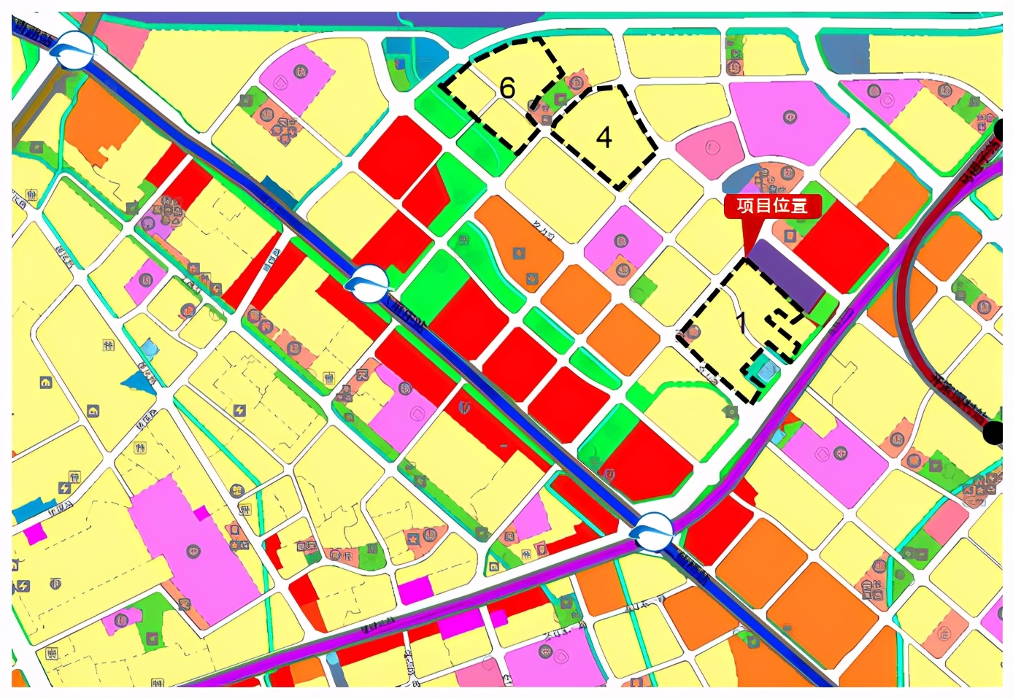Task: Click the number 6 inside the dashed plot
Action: click(x=507, y=88)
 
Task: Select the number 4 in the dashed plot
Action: click(x=604, y=137)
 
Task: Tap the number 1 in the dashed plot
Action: click(x=742, y=321)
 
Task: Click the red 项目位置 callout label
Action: click(x=772, y=206)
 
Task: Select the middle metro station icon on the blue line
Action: click(x=367, y=282)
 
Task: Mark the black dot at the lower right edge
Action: click(x=994, y=432)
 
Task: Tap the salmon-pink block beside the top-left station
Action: click(x=120, y=40)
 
